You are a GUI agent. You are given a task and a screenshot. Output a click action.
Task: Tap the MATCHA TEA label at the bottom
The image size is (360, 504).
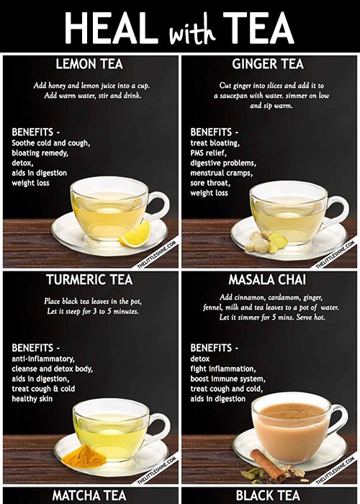pos(90,495)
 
